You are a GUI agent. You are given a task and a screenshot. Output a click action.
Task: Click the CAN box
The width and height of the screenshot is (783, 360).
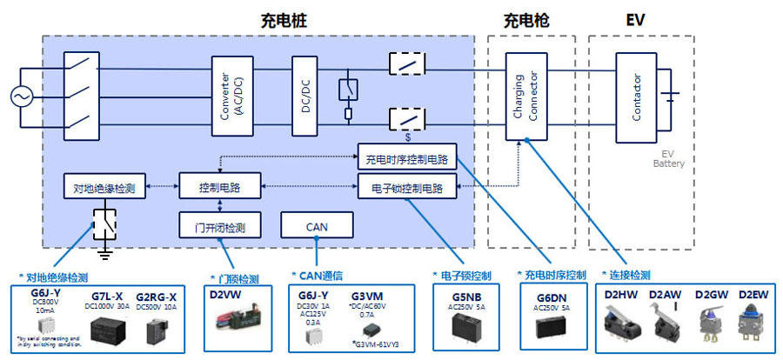[317, 226]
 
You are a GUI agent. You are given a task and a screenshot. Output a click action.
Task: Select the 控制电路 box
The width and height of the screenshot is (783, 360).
[219, 187]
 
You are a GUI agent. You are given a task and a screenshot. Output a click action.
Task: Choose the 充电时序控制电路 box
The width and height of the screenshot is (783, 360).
[405, 159]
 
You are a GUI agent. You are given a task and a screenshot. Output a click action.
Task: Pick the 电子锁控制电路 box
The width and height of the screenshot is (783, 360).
[405, 187]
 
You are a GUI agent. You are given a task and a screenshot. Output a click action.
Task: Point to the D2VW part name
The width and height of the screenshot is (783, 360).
[226, 297]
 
